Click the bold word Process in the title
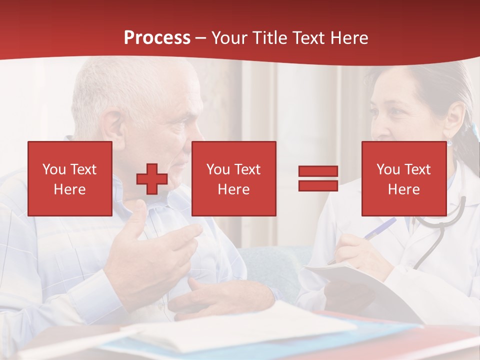point(157,38)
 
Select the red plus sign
point(152,178)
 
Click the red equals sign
point(318,178)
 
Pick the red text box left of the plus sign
point(70,178)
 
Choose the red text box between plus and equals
point(233,178)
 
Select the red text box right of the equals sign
point(403,178)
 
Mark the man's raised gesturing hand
point(150,250)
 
